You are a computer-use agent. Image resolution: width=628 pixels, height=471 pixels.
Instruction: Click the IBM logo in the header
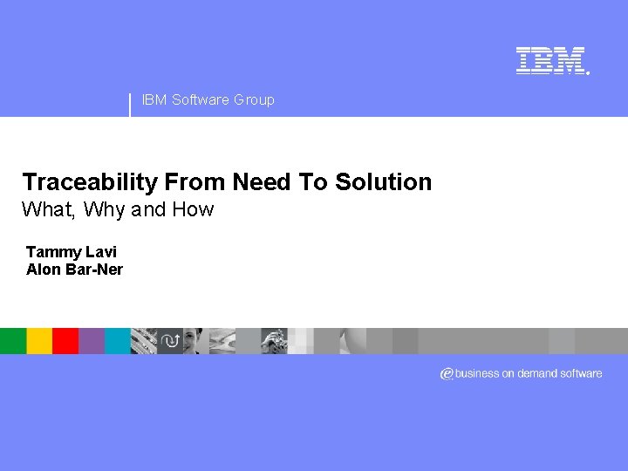(550, 60)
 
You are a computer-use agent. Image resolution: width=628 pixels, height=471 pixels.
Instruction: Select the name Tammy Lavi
(71, 252)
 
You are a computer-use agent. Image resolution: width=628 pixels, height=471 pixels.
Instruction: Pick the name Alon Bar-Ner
(74, 270)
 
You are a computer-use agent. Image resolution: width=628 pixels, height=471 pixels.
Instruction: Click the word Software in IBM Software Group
(201, 99)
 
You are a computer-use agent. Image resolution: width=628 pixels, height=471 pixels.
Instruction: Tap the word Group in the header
(254, 99)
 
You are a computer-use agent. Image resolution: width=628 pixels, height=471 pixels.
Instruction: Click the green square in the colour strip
(13, 340)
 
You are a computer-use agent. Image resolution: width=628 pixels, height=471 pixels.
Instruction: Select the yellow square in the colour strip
(39, 340)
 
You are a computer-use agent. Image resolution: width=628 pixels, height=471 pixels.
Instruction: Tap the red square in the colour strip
(65, 340)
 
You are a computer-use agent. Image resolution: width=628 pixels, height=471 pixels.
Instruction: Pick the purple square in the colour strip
(92, 340)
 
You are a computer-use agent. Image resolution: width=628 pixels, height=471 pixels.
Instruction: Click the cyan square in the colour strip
(118, 340)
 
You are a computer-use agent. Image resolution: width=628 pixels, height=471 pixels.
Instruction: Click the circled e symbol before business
(447, 373)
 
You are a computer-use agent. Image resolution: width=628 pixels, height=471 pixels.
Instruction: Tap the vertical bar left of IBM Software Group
(130, 104)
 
